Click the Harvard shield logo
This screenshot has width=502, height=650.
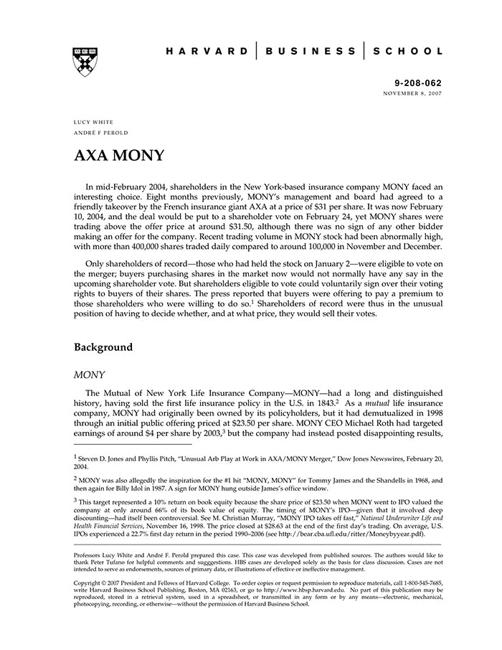[x=85, y=62]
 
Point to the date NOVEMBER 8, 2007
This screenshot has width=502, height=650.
[x=413, y=93]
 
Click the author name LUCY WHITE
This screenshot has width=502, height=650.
[x=93, y=123]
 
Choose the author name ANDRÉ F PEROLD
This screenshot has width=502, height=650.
[x=104, y=134]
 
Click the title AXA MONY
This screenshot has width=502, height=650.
[x=119, y=156]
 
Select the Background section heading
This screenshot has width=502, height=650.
[x=103, y=347]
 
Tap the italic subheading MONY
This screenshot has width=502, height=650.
[x=90, y=375]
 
